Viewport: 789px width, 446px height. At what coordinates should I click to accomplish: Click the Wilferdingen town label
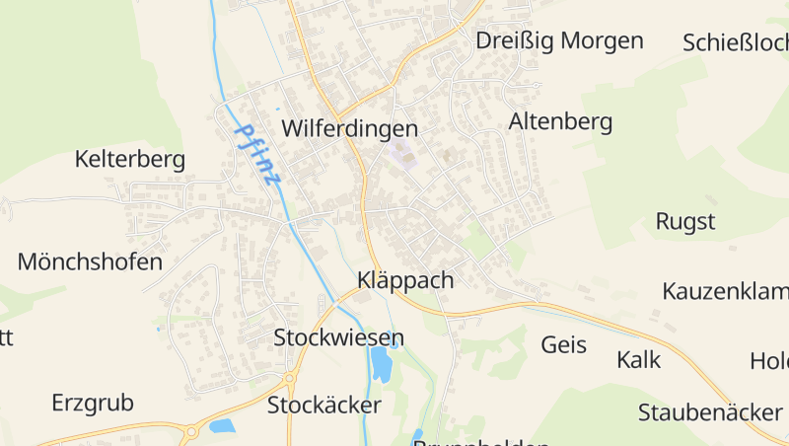(349, 129)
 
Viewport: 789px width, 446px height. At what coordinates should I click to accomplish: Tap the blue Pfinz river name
(258, 155)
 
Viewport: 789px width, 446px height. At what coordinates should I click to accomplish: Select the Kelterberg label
(130, 159)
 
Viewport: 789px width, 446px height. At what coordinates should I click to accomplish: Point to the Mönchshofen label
(90, 261)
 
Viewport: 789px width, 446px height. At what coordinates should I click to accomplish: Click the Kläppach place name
(405, 280)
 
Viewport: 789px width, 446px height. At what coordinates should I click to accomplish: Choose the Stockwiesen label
(338, 338)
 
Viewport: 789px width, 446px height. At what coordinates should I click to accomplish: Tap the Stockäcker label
(323, 405)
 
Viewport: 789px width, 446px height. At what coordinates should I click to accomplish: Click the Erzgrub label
(92, 403)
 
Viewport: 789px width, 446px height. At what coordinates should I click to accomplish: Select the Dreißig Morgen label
(559, 40)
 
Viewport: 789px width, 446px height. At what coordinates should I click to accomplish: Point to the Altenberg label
(560, 121)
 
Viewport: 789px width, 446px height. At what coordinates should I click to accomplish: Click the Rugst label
(685, 220)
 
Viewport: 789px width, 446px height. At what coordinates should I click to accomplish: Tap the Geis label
(564, 344)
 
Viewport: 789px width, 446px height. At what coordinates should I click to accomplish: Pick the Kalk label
(638, 359)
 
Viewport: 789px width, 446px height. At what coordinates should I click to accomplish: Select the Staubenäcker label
(710, 411)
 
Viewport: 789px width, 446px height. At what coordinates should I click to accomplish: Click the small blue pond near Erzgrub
(222, 425)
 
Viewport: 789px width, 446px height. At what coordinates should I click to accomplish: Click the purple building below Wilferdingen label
(400, 154)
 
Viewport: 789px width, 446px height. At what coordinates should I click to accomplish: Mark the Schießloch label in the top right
(735, 42)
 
